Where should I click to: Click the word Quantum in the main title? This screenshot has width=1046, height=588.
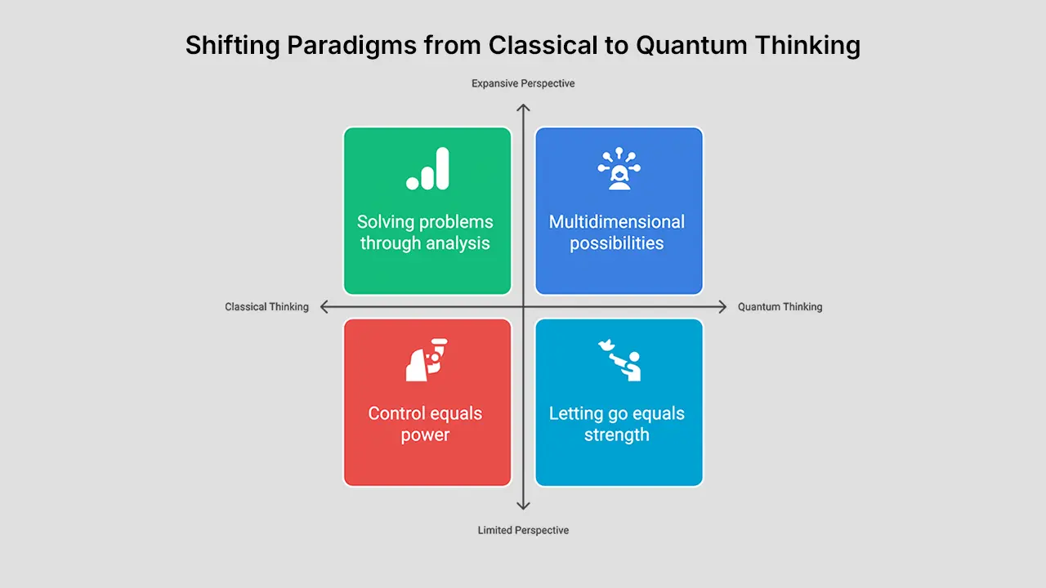click(691, 45)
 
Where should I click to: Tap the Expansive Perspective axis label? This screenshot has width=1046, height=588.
click(523, 83)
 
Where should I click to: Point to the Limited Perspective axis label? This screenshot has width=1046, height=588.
click(523, 530)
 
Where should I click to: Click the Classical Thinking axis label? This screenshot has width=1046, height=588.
click(266, 306)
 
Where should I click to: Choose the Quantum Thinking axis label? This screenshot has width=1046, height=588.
click(780, 306)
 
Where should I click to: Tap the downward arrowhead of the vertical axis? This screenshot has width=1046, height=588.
click(523, 506)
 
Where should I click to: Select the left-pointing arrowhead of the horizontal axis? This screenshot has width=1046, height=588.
click(324, 306)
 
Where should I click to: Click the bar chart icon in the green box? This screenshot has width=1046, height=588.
click(427, 168)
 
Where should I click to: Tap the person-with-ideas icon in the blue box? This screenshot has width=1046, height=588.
click(619, 168)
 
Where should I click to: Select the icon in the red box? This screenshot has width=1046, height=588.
click(427, 360)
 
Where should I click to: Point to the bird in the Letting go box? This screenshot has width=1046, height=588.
click(606, 345)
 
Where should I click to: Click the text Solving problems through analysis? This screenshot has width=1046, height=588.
click(425, 233)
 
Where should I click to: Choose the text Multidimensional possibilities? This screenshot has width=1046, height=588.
click(616, 233)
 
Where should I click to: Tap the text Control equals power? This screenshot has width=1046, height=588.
click(425, 424)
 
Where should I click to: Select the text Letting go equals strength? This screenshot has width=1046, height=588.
click(616, 424)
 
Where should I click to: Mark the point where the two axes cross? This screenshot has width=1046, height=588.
click(523, 306)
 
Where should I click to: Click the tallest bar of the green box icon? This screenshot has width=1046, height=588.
click(443, 168)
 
